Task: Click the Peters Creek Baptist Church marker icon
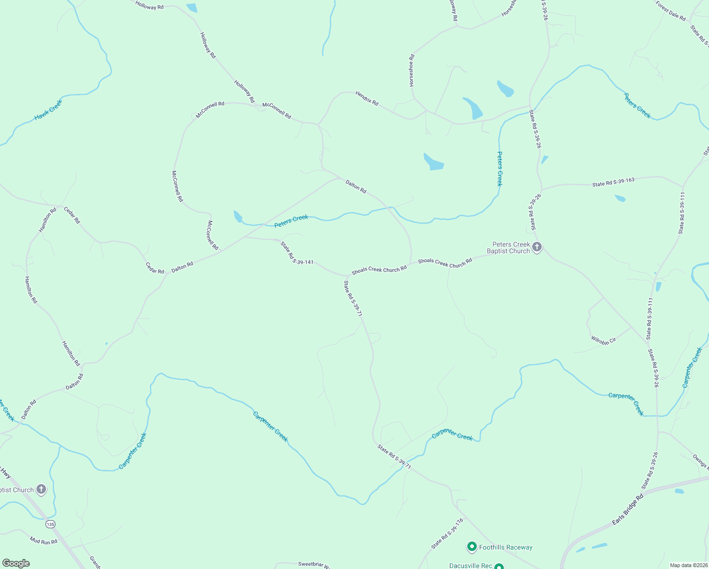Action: pyautogui.click(x=536, y=247)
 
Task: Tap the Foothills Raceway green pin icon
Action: pyautogui.click(x=472, y=547)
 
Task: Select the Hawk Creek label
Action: pyautogui.click(x=48, y=110)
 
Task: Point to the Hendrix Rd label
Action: pyautogui.click(x=367, y=99)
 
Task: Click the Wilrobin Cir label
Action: pyautogui.click(x=603, y=340)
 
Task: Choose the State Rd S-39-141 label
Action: pyautogui.click(x=297, y=253)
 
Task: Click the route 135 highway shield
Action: pyautogui.click(x=51, y=524)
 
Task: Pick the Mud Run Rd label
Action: pyautogui.click(x=44, y=541)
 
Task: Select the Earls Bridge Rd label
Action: pyautogui.click(x=627, y=509)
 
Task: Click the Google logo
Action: pyautogui.click(x=16, y=563)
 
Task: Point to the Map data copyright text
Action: pyautogui.click(x=688, y=565)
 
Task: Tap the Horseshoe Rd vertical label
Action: pyautogui.click(x=412, y=70)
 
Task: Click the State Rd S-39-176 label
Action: pyautogui.click(x=447, y=534)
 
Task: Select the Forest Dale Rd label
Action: pyautogui.click(x=671, y=11)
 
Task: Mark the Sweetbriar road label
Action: pyautogui.click(x=310, y=564)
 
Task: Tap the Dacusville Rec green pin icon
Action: pyautogui.click(x=499, y=566)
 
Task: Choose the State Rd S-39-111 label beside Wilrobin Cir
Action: pyautogui.click(x=650, y=319)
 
